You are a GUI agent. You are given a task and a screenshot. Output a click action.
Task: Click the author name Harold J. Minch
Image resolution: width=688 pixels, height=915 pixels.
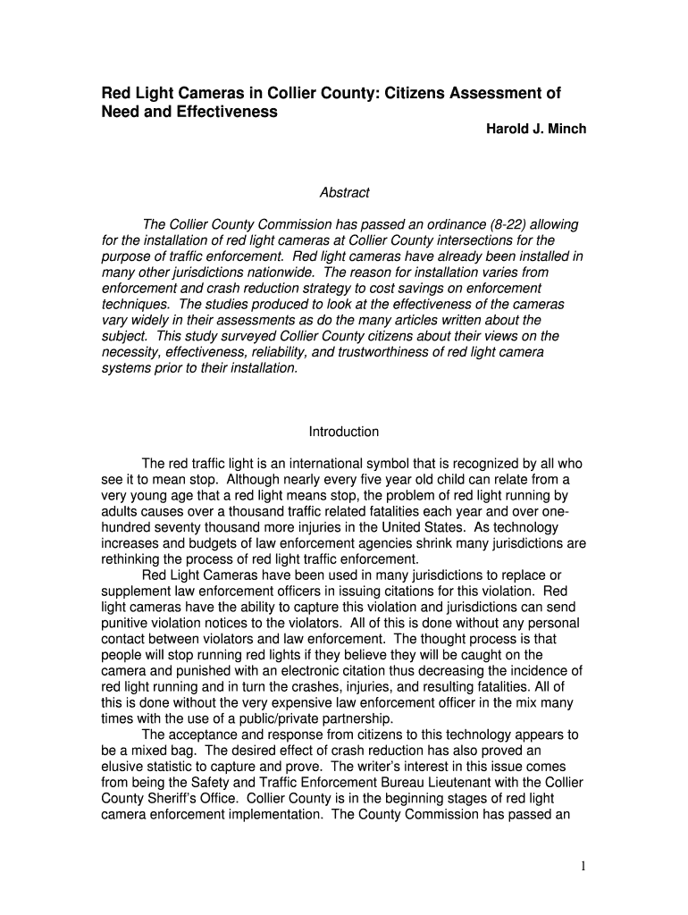535,130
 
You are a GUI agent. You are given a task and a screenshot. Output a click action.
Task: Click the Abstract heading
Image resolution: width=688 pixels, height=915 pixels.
344,193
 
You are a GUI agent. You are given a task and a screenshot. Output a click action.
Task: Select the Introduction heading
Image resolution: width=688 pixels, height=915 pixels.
344,432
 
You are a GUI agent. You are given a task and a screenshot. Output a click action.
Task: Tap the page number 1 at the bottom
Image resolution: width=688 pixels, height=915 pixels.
582,866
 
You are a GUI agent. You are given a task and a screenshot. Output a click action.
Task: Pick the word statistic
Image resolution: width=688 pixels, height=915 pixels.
176,768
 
